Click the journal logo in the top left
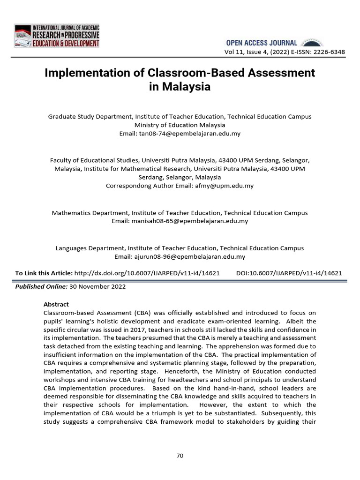click(57, 36)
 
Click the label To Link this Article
click(44, 273)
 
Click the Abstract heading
click(56, 304)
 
